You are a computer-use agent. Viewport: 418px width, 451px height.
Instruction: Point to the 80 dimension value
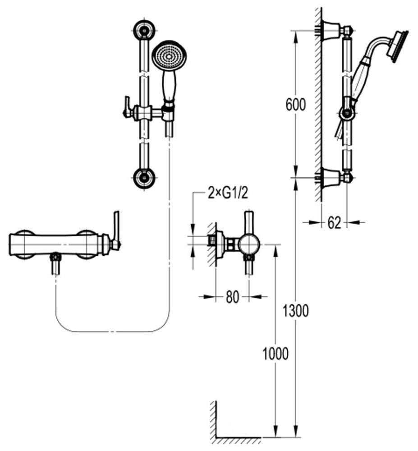point(232,298)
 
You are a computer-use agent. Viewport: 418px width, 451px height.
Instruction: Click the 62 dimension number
point(334,223)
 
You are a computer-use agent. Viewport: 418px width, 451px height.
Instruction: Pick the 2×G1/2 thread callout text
point(228,194)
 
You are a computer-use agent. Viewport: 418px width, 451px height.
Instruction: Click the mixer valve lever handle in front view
point(116,228)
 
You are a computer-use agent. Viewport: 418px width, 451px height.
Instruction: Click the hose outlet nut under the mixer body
point(55,258)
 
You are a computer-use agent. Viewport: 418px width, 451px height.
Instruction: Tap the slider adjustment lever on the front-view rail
point(126,108)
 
